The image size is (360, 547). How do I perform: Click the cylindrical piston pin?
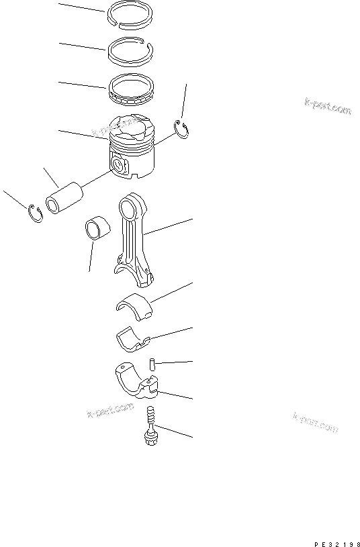63,198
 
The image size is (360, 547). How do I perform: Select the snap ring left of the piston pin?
36,213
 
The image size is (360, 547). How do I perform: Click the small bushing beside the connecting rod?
95,228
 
